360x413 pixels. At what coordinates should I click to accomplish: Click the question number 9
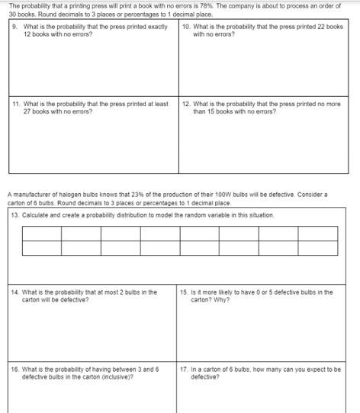pos(15,27)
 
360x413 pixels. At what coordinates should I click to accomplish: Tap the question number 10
pos(186,27)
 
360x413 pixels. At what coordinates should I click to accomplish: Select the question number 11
pos(16,105)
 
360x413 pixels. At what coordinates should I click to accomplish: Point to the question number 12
pos(186,105)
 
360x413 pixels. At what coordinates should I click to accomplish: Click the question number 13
pos(15,215)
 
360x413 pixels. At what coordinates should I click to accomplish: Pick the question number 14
pos(15,292)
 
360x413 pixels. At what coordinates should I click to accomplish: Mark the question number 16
pos(15,369)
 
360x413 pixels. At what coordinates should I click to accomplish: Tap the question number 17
pos(185,369)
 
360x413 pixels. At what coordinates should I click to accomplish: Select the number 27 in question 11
pos(27,111)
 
